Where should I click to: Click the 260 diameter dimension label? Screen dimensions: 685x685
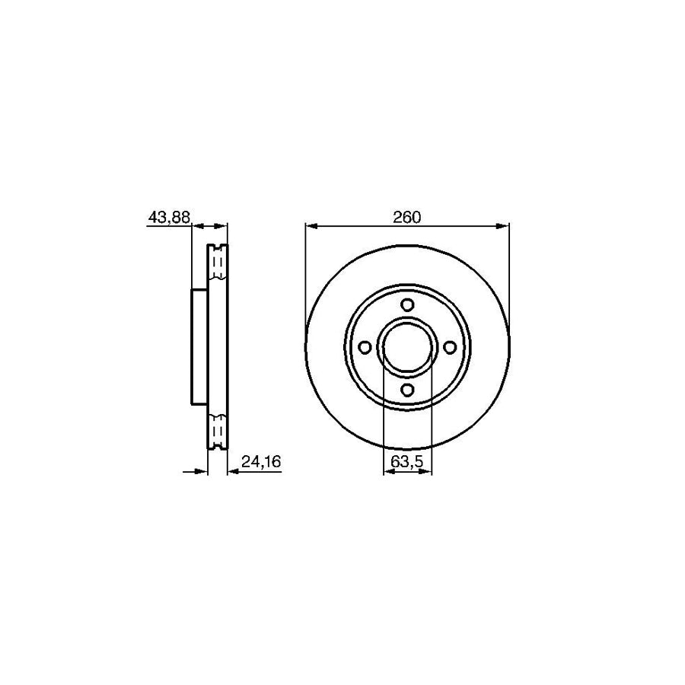tap(406, 217)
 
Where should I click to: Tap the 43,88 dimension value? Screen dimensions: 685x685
tap(168, 218)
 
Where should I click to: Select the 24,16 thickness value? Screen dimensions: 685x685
tap(257, 461)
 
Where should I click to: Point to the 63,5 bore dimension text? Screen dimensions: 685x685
tap(407, 461)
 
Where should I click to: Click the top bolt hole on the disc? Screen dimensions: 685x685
tap(407, 304)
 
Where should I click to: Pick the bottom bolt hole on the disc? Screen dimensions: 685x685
tap(407, 390)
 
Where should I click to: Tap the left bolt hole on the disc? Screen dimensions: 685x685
tap(364, 347)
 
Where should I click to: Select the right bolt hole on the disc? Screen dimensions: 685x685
tap(450, 347)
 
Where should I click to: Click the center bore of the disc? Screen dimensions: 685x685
tap(407, 347)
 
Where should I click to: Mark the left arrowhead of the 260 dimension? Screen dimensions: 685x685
tap(310, 226)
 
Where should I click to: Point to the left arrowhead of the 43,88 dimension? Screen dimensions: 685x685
tap(196, 226)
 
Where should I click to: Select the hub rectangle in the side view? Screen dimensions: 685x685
tap(199, 347)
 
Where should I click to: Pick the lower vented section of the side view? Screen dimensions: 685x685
tap(218, 432)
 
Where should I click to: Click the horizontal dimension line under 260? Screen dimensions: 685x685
tap(406, 226)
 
